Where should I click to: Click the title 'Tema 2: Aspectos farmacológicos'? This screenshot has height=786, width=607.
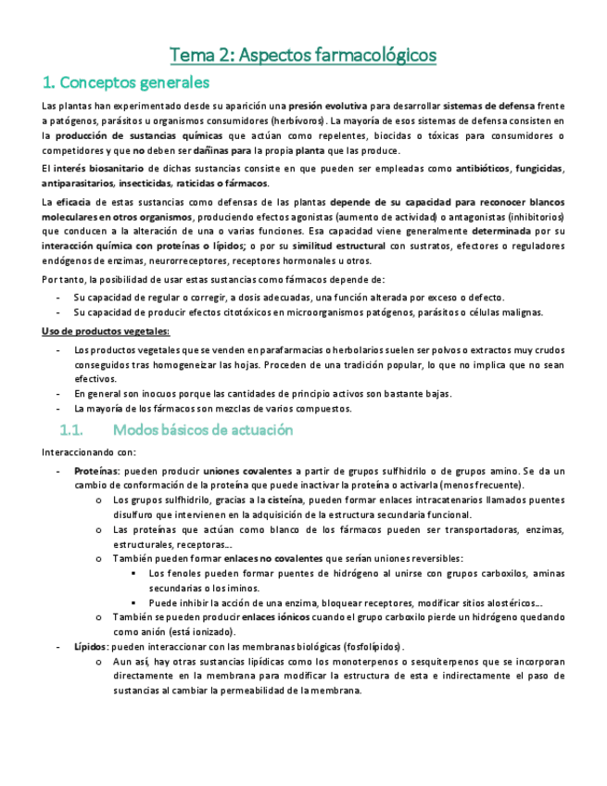pos(303,55)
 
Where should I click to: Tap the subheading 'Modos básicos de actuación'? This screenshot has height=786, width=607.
pos(202,430)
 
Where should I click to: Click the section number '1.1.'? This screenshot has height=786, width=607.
pos(71,430)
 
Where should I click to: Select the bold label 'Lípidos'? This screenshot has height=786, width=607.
pos(91,646)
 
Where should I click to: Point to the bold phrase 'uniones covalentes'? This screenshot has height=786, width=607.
pos(246,471)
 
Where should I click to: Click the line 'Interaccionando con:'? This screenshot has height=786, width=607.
pos(89,452)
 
